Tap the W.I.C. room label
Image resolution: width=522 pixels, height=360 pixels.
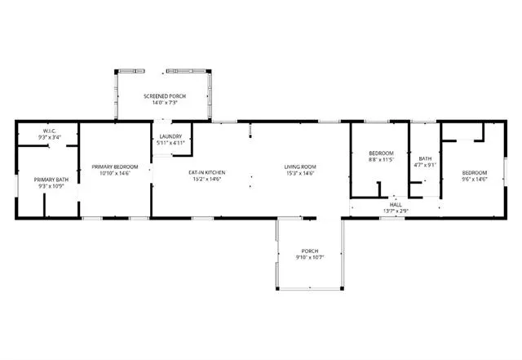pos(47,132)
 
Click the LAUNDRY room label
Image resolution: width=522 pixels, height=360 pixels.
pos(170,136)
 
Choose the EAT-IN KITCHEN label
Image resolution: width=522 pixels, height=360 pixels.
pos(206,172)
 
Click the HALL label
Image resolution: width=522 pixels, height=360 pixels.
pos(396,205)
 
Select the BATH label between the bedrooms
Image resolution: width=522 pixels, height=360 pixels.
pos(425,158)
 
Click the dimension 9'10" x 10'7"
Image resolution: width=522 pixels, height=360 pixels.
pos(309,257)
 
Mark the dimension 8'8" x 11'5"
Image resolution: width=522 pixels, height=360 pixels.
pos(381,160)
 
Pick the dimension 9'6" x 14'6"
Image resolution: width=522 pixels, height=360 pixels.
pos(474,179)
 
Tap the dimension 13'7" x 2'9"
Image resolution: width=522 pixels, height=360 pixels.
pos(396,211)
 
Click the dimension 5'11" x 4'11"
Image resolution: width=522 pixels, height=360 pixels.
pos(170,143)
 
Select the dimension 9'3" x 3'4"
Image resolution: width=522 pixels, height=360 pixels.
pos(47,138)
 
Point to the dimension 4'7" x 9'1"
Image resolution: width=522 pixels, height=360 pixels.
pos(425,165)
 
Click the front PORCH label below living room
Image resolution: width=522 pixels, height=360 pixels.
pos(309,251)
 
